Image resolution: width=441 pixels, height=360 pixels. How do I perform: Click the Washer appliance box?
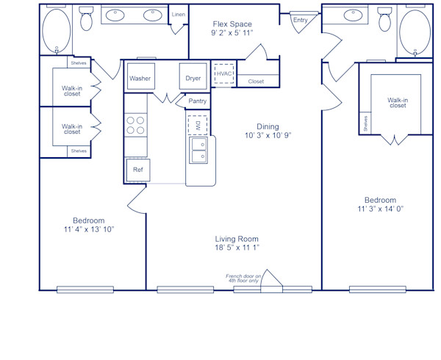pos(140,77)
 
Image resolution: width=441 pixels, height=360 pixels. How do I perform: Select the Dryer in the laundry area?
pos(193,77)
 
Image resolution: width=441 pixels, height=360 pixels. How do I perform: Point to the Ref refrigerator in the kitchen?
pos(137,170)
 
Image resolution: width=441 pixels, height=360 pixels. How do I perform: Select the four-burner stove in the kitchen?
pos(136,125)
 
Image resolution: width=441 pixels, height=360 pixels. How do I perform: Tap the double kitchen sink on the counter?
pos(198,151)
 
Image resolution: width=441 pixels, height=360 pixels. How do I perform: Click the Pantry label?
pos(197,101)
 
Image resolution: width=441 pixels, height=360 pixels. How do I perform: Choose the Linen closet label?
pos(179,15)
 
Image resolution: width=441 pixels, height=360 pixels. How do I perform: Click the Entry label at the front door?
pos(301,21)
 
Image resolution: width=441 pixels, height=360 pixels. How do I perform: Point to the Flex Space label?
pos(232,24)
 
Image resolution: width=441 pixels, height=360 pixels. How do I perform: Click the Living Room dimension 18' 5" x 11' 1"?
pos(237,248)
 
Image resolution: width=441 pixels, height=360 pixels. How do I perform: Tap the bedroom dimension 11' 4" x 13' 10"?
pos(88,229)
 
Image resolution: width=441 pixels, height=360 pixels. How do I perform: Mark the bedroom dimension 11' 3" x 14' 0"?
pos(380,209)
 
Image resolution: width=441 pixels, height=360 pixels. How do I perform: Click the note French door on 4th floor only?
pos(243,278)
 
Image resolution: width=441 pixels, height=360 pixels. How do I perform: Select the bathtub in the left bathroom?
pos(56,31)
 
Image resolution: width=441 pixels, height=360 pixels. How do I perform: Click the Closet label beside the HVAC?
pos(256,82)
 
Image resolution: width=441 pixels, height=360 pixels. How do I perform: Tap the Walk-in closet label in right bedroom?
pos(397,102)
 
